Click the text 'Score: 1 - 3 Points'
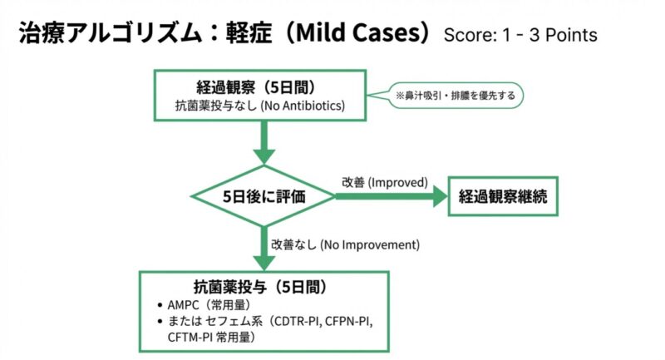[520, 36]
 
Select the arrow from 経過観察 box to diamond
[264, 141]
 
